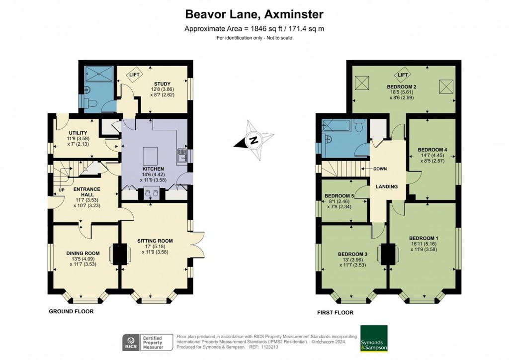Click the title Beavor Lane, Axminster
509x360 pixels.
coord(254,13)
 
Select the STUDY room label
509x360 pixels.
coord(162,84)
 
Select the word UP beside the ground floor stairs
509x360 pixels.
coord(61,190)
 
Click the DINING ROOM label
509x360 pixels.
coord(83,253)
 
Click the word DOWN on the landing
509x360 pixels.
coord(380,169)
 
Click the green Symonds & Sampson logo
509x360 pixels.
coord(374,339)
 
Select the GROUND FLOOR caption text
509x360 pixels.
coord(71,311)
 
